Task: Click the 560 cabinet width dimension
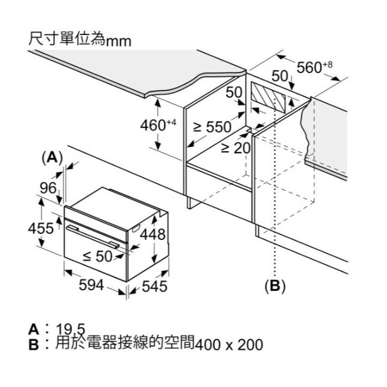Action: [314, 67]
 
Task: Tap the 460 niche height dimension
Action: [158, 125]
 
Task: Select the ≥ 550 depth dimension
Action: [212, 127]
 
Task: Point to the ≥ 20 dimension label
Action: [235, 148]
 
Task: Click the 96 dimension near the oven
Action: [48, 188]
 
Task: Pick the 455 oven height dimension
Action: [41, 229]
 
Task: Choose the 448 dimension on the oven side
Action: [152, 234]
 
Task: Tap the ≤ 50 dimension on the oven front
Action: [98, 256]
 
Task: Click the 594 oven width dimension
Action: [91, 285]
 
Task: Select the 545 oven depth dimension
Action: [155, 287]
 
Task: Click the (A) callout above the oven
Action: [52, 157]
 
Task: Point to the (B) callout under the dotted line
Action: [275, 286]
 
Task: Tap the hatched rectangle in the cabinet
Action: [268, 97]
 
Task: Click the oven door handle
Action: [93, 236]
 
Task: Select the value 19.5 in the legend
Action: [71, 329]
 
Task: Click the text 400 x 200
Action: [229, 345]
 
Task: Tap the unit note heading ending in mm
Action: [80, 39]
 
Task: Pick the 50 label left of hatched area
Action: [234, 93]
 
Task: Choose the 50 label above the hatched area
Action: [280, 76]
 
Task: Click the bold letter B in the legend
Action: [34, 345]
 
